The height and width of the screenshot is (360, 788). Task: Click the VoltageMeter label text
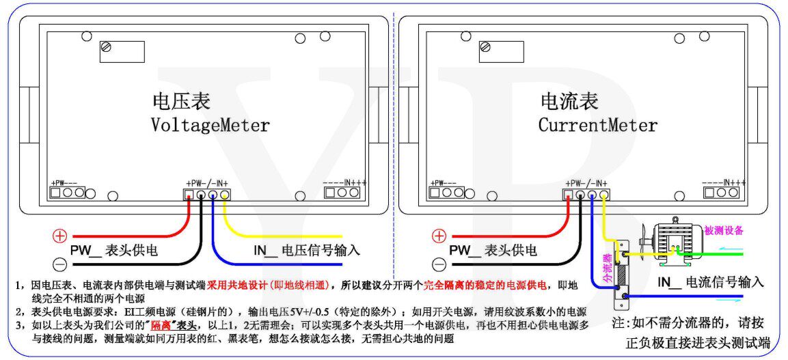point(210,126)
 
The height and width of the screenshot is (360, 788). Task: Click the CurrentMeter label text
point(597,126)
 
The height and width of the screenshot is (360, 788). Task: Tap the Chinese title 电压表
point(181,102)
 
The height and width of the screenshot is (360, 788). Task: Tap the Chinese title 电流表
point(569,102)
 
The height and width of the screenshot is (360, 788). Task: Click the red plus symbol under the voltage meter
point(60,236)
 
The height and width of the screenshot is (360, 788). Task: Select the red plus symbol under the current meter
point(439,236)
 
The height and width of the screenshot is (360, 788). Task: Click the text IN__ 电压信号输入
point(307,251)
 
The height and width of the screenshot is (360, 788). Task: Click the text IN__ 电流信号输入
point(710,281)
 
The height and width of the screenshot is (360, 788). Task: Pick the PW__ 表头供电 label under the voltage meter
point(113,251)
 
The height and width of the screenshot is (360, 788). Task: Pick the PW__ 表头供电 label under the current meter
point(492,251)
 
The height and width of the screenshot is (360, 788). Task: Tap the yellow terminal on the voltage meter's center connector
point(225,195)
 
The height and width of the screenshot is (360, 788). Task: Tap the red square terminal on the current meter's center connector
point(567,195)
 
